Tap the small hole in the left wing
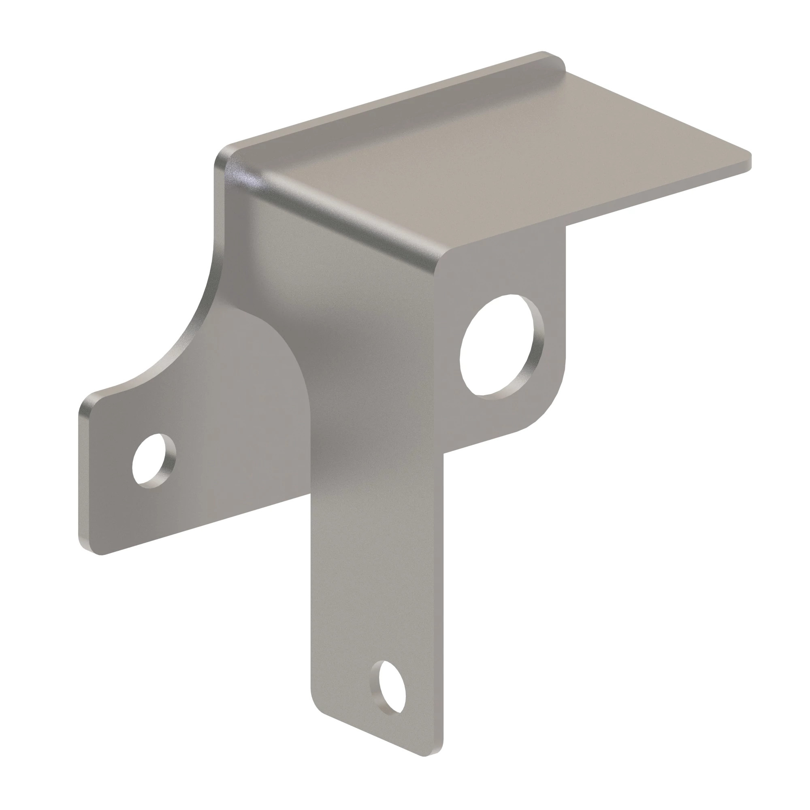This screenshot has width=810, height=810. (x=153, y=461)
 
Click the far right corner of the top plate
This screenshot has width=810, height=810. (x=749, y=162)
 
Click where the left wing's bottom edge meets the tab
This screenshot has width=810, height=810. (x=310, y=497)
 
